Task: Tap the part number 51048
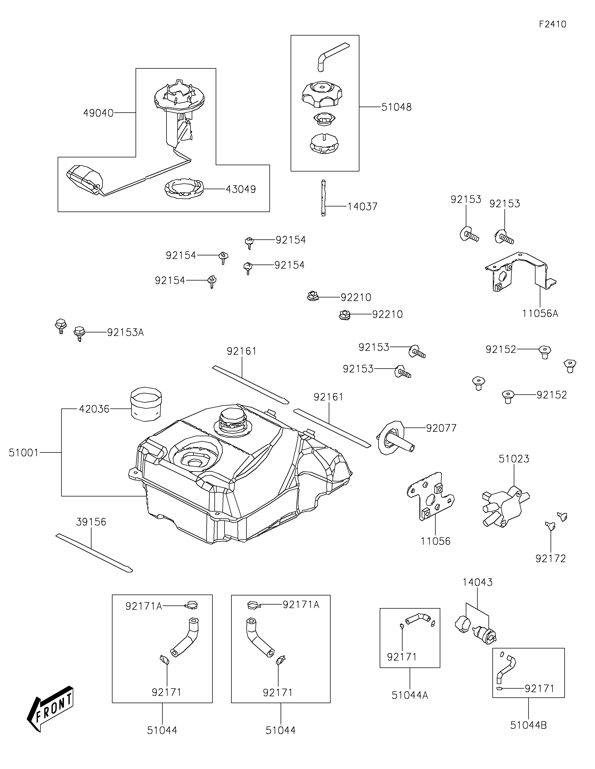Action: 397,107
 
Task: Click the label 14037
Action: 362,206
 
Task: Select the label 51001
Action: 24,453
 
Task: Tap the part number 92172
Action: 551,558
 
